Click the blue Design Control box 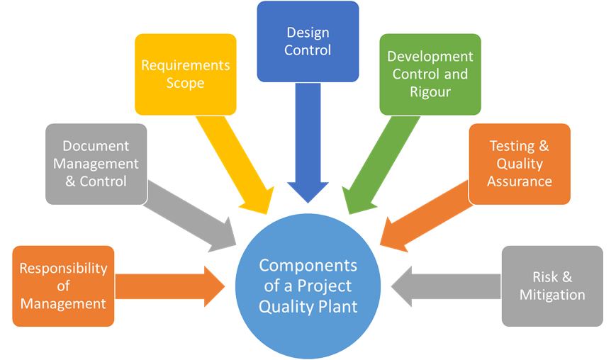[308, 41]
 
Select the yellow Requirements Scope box [186, 74]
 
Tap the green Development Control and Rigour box [430, 74]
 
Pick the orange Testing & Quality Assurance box [519, 164]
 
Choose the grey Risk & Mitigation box [552, 286]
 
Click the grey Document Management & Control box [96, 164]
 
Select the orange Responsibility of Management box [63, 286]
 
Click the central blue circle [308, 286]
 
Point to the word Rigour [430, 91]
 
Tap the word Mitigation [552, 295]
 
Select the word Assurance [519, 181]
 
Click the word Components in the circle [308, 266]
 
